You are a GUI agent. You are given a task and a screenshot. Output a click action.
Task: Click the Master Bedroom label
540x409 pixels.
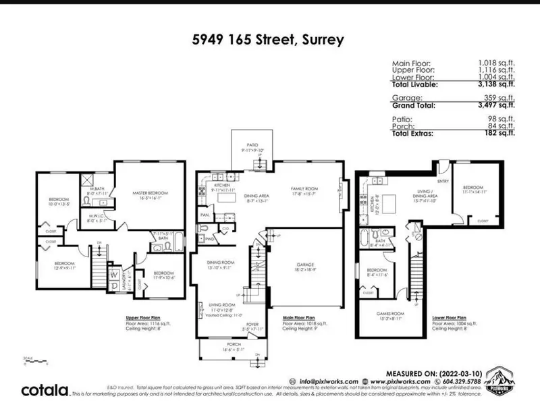[x=150, y=194]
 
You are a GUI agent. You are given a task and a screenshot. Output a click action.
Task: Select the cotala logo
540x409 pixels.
[x=45, y=389]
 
